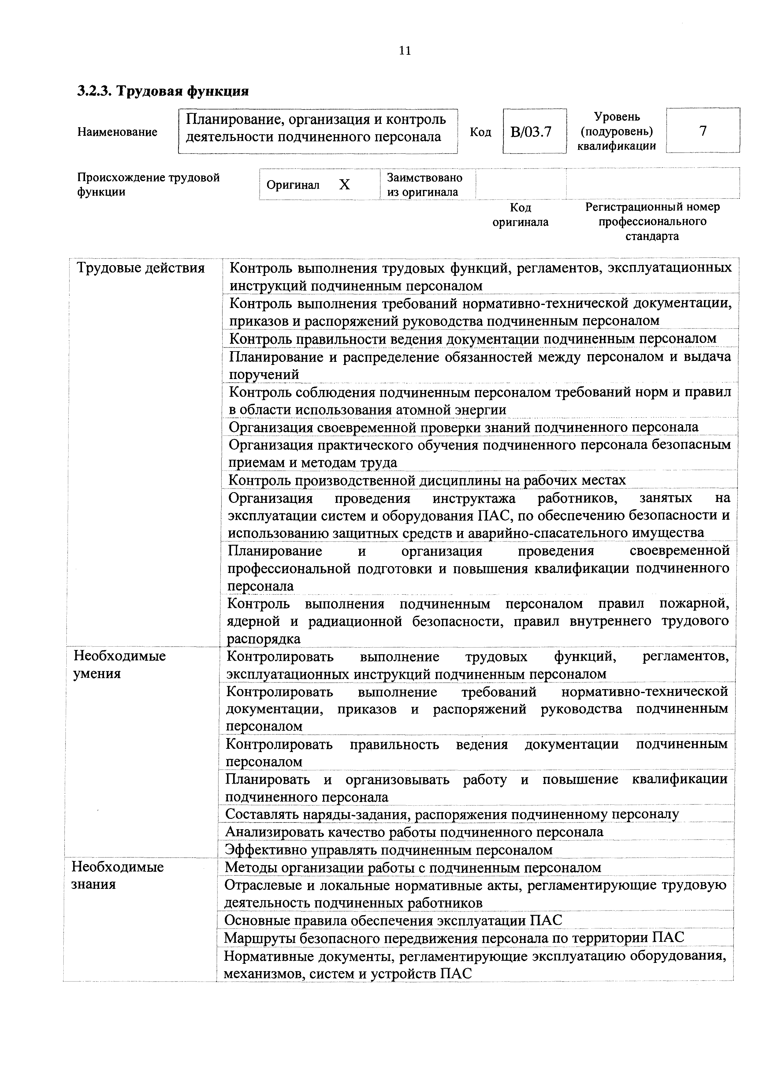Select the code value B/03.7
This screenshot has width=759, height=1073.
point(531,132)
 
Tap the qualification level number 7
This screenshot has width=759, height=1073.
point(702,131)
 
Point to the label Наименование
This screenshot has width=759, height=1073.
point(117,132)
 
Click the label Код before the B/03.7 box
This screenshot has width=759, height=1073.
point(480,132)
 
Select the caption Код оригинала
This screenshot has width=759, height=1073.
point(520,214)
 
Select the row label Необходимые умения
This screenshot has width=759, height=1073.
point(120,665)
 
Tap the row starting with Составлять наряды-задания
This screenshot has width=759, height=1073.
point(452,814)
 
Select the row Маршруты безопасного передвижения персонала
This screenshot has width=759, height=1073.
point(454,937)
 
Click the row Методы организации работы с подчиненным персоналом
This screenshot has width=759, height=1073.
point(413,867)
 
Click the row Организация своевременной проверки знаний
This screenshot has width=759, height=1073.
point(463,427)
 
